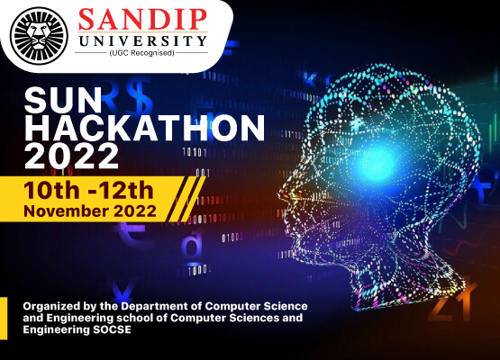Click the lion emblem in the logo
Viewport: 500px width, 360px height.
pos(39,35)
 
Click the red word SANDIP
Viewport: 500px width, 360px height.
pos(142,19)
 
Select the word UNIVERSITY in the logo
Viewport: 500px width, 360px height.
pos(142,40)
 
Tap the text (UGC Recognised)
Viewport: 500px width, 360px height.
pos(141,53)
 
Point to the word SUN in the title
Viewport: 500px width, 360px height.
pos(63,101)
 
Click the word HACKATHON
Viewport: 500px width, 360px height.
pos(144,128)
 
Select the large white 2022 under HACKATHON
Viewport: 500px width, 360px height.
pos(71,156)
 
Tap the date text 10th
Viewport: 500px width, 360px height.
pos(51,190)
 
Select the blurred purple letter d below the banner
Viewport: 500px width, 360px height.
pos(192,246)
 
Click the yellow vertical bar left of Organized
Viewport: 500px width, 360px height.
pos(4,319)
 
